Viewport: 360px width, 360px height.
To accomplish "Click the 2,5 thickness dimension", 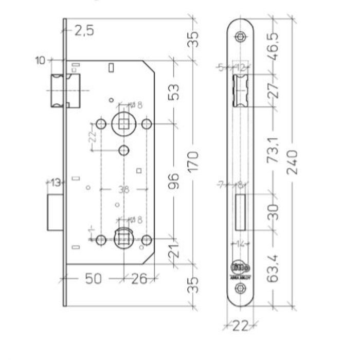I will click(x=84, y=31).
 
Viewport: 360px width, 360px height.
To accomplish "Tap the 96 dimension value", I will click(x=174, y=183).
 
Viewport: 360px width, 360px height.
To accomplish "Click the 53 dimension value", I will click(x=174, y=92).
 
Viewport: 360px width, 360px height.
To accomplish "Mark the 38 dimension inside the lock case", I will click(x=123, y=189).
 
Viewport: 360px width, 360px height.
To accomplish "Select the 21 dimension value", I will click(x=174, y=251).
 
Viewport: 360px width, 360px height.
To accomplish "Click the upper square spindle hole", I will click(x=123, y=123).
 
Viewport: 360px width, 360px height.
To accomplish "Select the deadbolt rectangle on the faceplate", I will click(x=241, y=212).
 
